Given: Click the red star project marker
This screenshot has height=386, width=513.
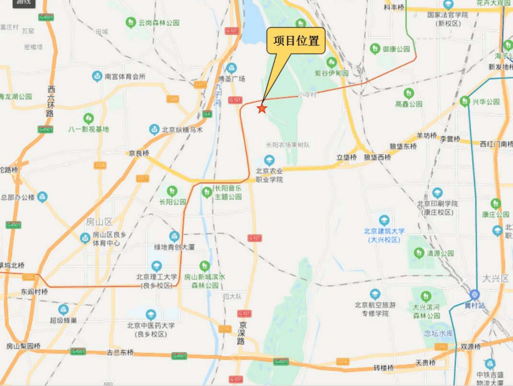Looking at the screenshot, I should pos(262,108).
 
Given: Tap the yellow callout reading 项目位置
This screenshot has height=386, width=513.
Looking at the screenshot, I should pos(296,41).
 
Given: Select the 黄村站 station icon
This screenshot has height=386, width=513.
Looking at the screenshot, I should pos(474,294).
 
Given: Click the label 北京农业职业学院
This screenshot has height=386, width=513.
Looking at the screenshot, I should pos(269,175).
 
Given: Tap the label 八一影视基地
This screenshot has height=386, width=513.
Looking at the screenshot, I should pos(89,129).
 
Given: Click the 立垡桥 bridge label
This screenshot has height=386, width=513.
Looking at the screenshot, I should pos(347,157).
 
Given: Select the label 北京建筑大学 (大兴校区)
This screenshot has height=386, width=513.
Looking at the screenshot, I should pos(384,235).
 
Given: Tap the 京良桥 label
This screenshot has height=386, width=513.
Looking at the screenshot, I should pos(139,153).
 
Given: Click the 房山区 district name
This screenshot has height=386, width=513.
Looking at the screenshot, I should pos(100,221).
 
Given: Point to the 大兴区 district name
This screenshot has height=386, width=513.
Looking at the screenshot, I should pos(495,279).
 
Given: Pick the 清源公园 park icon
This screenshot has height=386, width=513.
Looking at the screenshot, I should pos(419,253).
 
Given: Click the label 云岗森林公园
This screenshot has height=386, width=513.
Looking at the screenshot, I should pos(159,23).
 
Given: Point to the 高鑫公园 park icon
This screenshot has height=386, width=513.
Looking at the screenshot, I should pos(409,93).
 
